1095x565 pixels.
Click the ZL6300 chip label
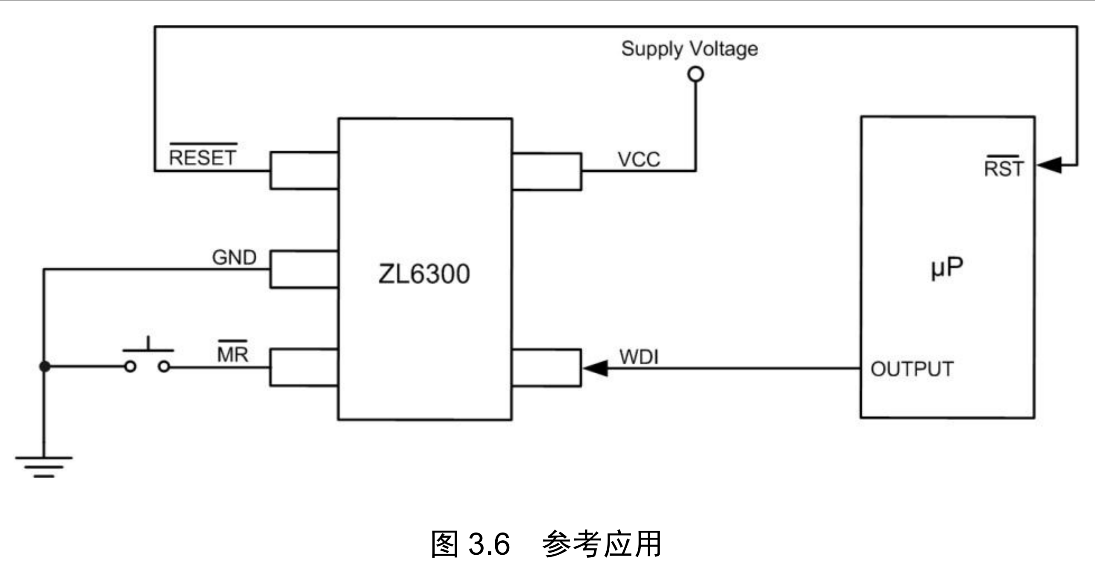(x=424, y=274)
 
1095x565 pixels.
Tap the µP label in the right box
(x=947, y=268)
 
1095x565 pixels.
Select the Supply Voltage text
(x=689, y=49)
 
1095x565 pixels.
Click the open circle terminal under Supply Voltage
(x=696, y=74)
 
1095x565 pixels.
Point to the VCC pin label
(x=639, y=160)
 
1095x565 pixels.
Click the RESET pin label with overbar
(x=203, y=157)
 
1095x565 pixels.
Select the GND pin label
(x=234, y=258)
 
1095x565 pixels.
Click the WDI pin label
(x=639, y=357)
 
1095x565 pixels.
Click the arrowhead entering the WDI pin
(x=596, y=368)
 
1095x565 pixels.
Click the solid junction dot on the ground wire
(x=44, y=366)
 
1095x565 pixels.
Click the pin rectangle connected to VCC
(x=546, y=171)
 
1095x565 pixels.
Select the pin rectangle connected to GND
(x=304, y=269)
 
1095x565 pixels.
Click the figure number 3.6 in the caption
(x=489, y=544)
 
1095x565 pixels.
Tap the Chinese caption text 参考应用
(x=602, y=544)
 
